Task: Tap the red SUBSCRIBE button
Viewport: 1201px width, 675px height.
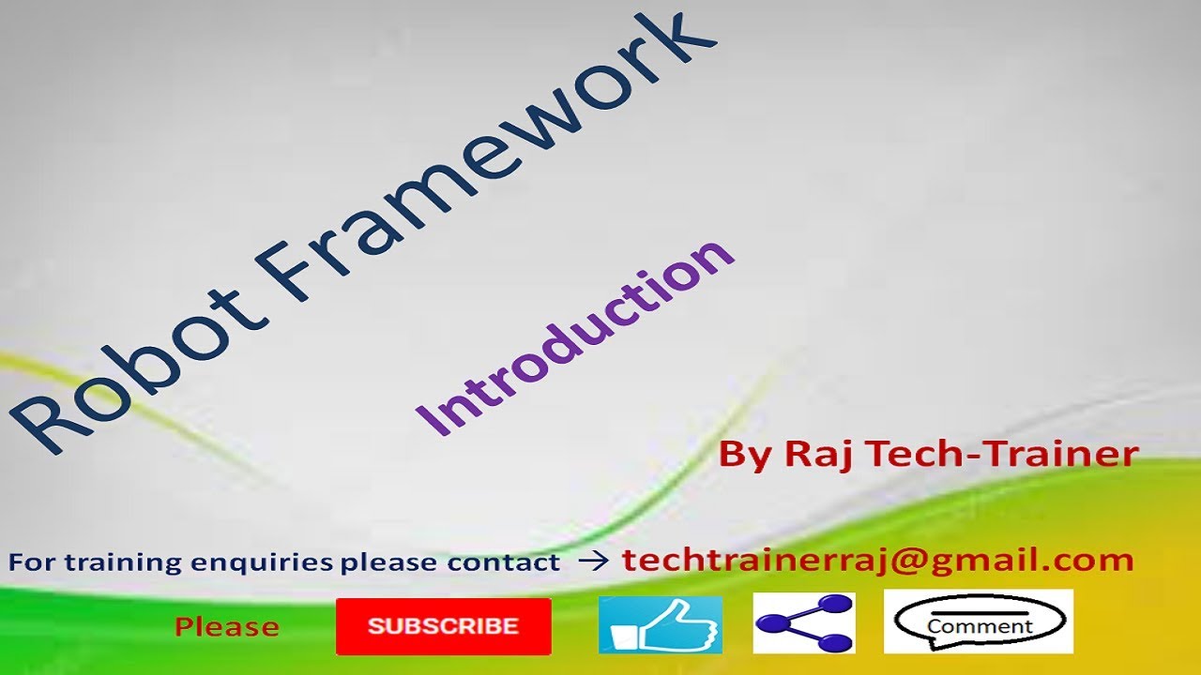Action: click(x=443, y=626)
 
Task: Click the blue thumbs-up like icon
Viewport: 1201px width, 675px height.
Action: click(x=661, y=624)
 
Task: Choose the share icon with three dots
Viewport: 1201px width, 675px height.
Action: click(x=804, y=623)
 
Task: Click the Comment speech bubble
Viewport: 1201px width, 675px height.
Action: click(x=979, y=622)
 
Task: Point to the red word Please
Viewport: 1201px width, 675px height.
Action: click(x=227, y=627)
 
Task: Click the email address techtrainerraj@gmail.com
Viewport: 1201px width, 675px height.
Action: click(x=878, y=561)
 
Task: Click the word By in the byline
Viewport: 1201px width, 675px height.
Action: click(x=747, y=456)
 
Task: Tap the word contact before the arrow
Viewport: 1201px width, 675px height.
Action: click(x=504, y=563)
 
